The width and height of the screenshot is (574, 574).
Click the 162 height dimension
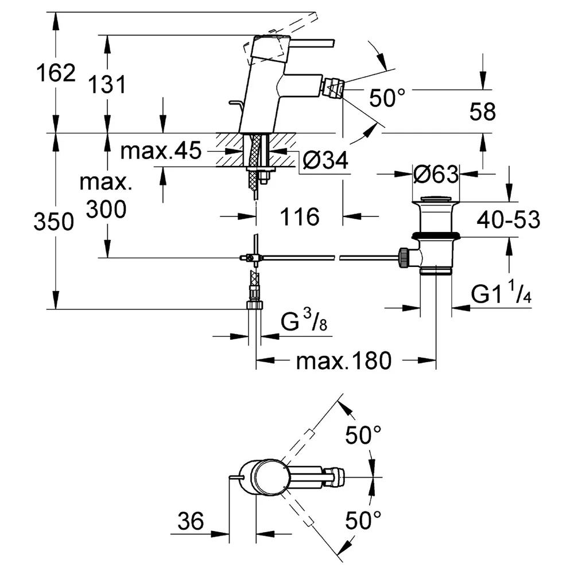(56, 72)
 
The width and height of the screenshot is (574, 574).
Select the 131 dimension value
(107, 84)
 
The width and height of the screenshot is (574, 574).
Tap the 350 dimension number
(54, 222)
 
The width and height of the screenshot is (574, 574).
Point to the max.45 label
(161, 150)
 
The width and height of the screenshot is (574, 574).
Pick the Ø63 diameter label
(436, 174)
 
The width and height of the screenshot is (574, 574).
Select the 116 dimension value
(300, 216)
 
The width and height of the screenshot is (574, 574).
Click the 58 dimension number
(483, 112)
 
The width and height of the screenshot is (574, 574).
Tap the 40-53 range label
(509, 220)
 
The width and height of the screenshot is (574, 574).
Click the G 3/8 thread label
(304, 320)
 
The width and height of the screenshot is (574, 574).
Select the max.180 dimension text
(344, 361)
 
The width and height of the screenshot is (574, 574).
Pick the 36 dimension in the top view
(191, 521)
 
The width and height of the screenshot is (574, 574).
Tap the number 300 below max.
(107, 210)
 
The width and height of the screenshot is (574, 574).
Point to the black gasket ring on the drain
(436, 235)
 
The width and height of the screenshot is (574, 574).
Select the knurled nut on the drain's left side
(404, 258)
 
